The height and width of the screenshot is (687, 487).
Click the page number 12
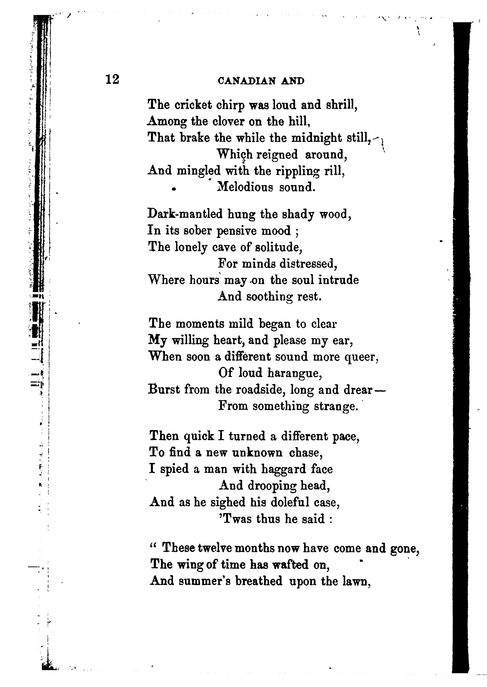(x=112, y=79)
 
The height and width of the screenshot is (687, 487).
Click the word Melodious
(x=245, y=187)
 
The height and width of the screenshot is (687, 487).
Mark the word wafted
(x=290, y=565)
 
